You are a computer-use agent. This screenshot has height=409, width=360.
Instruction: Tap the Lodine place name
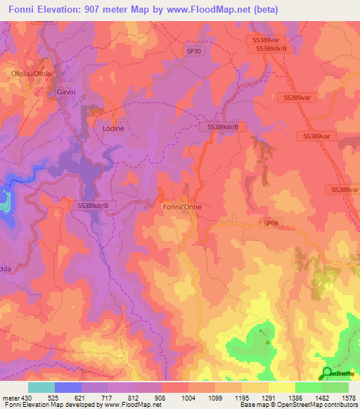click(113, 129)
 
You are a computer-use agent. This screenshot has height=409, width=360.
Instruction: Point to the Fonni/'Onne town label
click(182, 207)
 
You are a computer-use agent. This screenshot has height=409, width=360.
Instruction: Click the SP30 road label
click(193, 51)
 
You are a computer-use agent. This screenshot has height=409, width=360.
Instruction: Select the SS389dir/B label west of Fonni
click(93, 205)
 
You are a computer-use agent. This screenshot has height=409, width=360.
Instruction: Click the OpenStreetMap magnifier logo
click(327, 373)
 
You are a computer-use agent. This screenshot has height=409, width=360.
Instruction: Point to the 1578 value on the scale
click(347, 397)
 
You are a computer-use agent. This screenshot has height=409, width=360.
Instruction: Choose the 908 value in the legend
click(161, 397)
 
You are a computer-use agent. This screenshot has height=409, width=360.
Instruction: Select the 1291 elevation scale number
click(268, 397)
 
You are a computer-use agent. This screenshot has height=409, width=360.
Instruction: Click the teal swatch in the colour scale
click(41, 387)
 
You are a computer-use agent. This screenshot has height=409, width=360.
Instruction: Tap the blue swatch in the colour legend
click(68, 387)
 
